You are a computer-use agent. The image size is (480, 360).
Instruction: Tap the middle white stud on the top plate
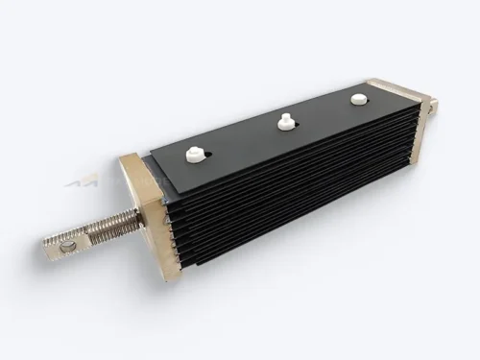coord(284,121)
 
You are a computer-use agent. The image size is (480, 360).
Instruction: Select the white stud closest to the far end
coord(358,99)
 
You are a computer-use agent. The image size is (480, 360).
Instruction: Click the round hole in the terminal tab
coord(66,247)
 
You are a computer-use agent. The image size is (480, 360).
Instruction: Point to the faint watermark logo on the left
coord(84,181)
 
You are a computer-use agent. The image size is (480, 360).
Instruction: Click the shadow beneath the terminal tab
coord(67,261)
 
